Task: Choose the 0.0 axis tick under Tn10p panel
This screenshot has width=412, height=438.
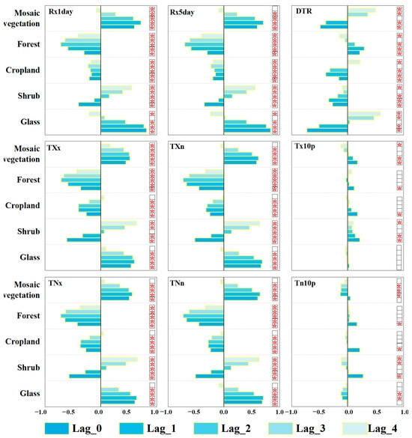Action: [348, 411]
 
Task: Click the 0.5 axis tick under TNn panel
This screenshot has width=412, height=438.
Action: [253, 411]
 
